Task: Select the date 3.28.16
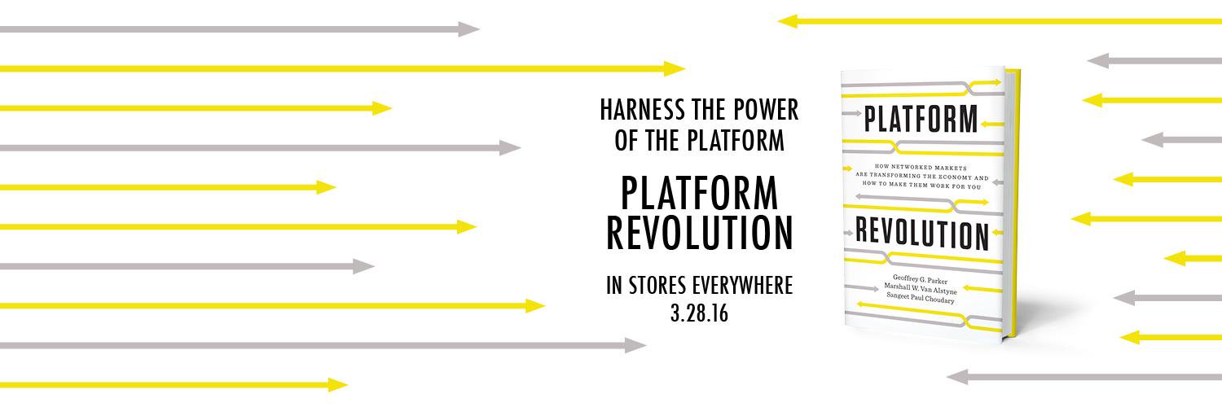click(699, 313)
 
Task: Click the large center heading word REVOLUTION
click(699, 232)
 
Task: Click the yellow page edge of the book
click(1013, 203)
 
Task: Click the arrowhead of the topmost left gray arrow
click(468, 29)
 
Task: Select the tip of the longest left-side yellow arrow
click(675, 69)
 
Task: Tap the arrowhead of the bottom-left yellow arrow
click(337, 385)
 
